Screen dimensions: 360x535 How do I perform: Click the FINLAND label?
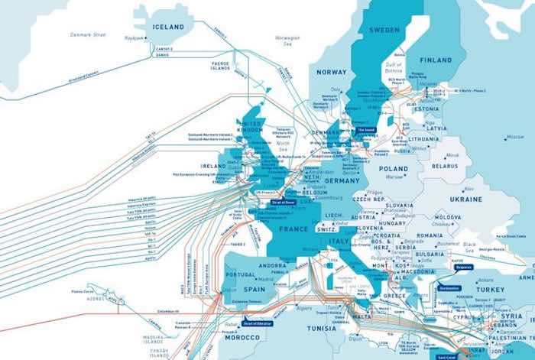click(x=436, y=60)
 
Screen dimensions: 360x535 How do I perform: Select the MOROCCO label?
click(x=242, y=337)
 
